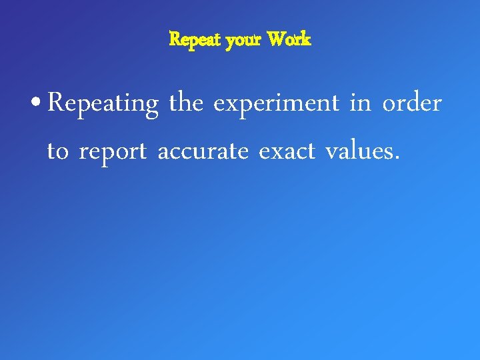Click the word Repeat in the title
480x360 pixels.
coord(196,40)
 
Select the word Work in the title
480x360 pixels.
coord(289,40)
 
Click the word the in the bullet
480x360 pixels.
coord(186,103)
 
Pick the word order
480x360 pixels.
coord(412,104)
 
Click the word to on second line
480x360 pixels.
coord(57,152)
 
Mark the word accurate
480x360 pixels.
coord(202,152)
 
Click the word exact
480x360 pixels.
coord(286,152)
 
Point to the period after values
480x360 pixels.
coord(398,159)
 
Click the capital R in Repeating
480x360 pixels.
coord(56,103)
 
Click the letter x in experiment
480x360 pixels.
coord(231,105)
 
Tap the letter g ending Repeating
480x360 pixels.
coord(152,108)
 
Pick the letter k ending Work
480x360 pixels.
coord(305,40)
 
